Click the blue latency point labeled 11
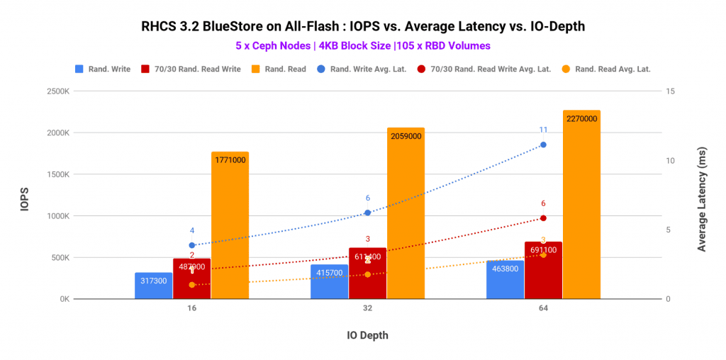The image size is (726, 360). [x=543, y=145]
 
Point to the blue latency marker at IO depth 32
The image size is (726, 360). [x=367, y=213]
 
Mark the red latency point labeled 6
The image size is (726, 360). [x=543, y=218]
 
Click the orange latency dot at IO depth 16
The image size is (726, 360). [x=191, y=285]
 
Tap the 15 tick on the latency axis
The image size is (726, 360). [x=670, y=91]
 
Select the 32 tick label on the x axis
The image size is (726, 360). [x=367, y=310]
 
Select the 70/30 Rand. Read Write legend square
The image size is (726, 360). [x=145, y=69]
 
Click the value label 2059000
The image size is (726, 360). [x=406, y=136]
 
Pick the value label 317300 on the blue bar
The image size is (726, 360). [x=153, y=281]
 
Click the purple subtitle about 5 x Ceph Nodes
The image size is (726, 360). [x=363, y=45]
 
